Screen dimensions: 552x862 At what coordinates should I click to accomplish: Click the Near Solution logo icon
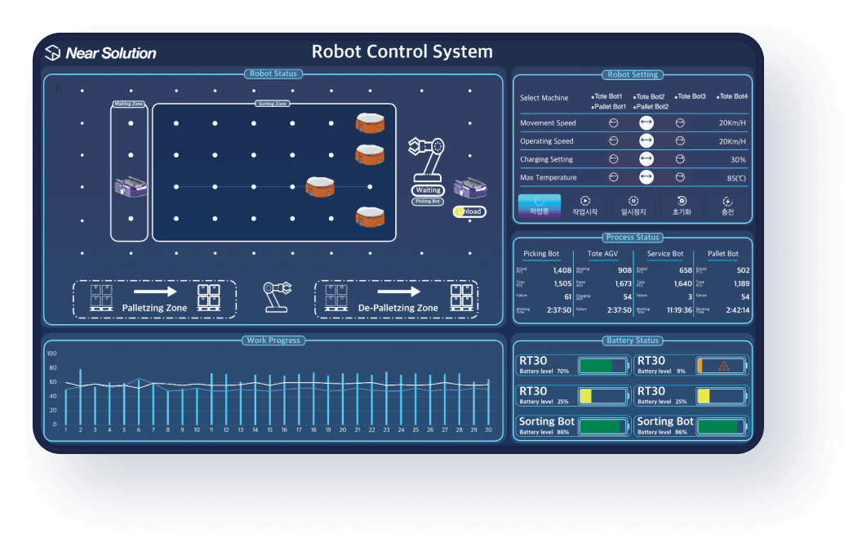tap(52, 53)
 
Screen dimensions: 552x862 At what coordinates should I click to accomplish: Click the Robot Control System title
tap(402, 52)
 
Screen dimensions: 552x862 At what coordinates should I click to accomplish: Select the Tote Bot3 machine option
tap(691, 96)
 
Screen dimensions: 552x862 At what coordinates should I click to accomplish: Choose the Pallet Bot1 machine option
tap(609, 107)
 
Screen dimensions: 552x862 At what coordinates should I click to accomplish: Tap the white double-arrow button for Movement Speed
tap(646, 123)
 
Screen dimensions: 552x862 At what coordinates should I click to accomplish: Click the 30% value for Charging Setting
tap(738, 160)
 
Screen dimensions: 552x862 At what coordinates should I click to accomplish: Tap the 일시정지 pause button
tap(633, 205)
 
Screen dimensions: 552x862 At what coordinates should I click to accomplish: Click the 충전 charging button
tap(727, 205)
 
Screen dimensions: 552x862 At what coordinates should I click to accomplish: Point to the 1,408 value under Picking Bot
tap(562, 270)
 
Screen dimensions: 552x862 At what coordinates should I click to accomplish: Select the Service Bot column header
tap(664, 254)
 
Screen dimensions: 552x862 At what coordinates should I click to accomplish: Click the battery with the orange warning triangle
tap(721, 366)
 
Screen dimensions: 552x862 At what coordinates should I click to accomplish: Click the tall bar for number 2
tap(80, 396)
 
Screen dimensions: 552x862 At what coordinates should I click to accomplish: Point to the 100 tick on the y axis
tap(52, 354)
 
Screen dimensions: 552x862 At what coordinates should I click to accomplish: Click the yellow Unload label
tap(469, 212)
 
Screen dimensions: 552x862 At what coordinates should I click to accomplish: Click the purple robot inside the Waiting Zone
tap(130, 187)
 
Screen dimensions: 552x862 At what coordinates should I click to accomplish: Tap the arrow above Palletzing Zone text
tap(155, 291)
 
